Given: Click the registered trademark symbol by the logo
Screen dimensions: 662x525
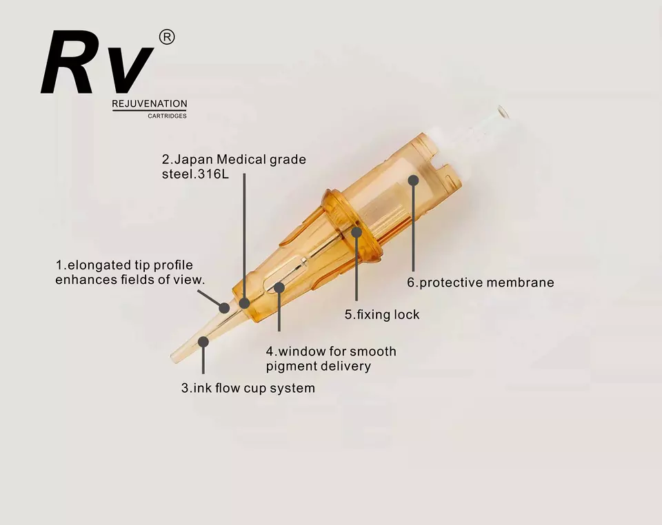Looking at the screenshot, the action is coord(167,38).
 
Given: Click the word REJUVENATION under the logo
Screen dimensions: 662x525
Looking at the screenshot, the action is coord(150,104).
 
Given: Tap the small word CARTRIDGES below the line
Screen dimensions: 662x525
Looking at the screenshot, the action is coord(167,116).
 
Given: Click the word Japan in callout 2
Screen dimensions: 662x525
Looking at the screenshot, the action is coord(194,160).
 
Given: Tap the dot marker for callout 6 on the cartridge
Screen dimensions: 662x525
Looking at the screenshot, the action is coord(413,181).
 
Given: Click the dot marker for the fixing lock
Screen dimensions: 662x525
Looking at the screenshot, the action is coord(357,232).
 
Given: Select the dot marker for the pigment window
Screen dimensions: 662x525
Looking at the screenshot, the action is coord(279,287).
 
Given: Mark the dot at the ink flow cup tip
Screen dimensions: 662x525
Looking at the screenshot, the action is coord(203,341).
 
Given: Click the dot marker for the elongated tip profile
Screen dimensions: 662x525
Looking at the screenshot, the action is coord(224,308).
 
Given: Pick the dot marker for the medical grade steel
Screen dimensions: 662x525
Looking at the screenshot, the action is coord(245,302).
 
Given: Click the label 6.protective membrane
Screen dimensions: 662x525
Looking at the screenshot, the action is coord(480,282).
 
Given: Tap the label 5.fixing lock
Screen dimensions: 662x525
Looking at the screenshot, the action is coord(382,315).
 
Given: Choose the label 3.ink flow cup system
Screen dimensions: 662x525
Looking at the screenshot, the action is coord(248,388).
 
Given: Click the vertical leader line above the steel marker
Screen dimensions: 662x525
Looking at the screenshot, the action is coord(245,234).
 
